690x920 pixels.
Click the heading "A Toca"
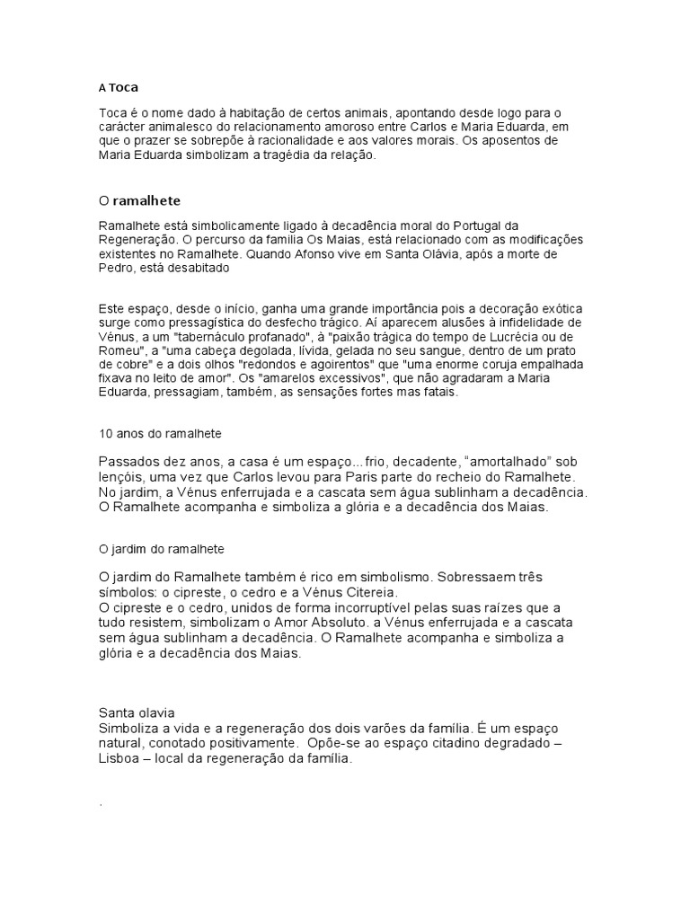point(119,88)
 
